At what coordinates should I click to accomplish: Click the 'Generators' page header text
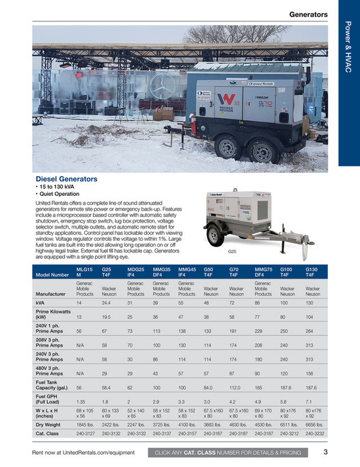coord(307,14)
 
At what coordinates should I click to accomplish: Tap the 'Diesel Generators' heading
coord(66,179)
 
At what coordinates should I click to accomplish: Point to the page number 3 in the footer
coord(326,451)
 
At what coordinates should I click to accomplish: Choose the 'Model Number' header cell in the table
coord(52,274)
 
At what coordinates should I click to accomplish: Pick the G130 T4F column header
coord(311,272)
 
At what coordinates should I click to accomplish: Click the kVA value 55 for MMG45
coord(181,302)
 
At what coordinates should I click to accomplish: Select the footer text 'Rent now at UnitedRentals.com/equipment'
coord(83,452)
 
